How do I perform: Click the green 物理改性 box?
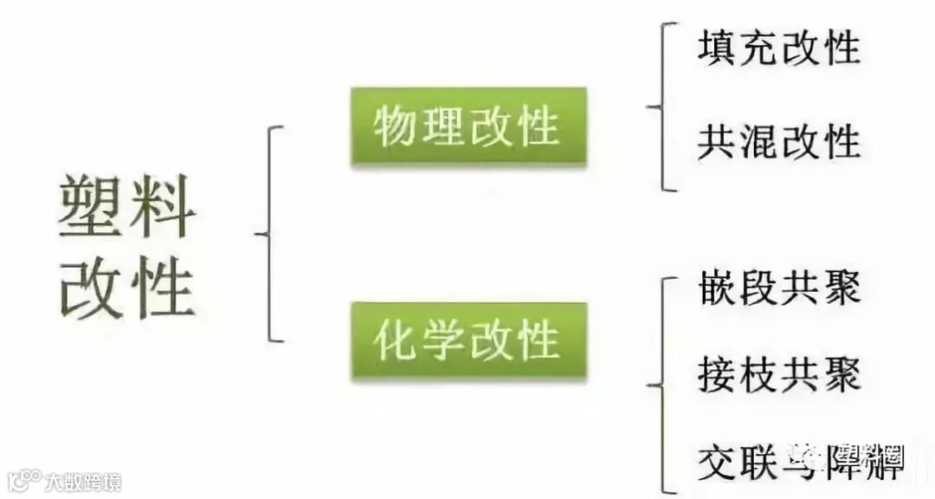(x=468, y=127)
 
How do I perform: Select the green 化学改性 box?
(x=468, y=340)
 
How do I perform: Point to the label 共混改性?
(x=778, y=140)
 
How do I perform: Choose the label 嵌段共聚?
(x=778, y=287)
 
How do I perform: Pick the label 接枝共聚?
(x=778, y=374)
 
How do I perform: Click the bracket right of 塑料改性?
(x=270, y=234)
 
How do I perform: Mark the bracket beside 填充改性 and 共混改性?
(x=661, y=107)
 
